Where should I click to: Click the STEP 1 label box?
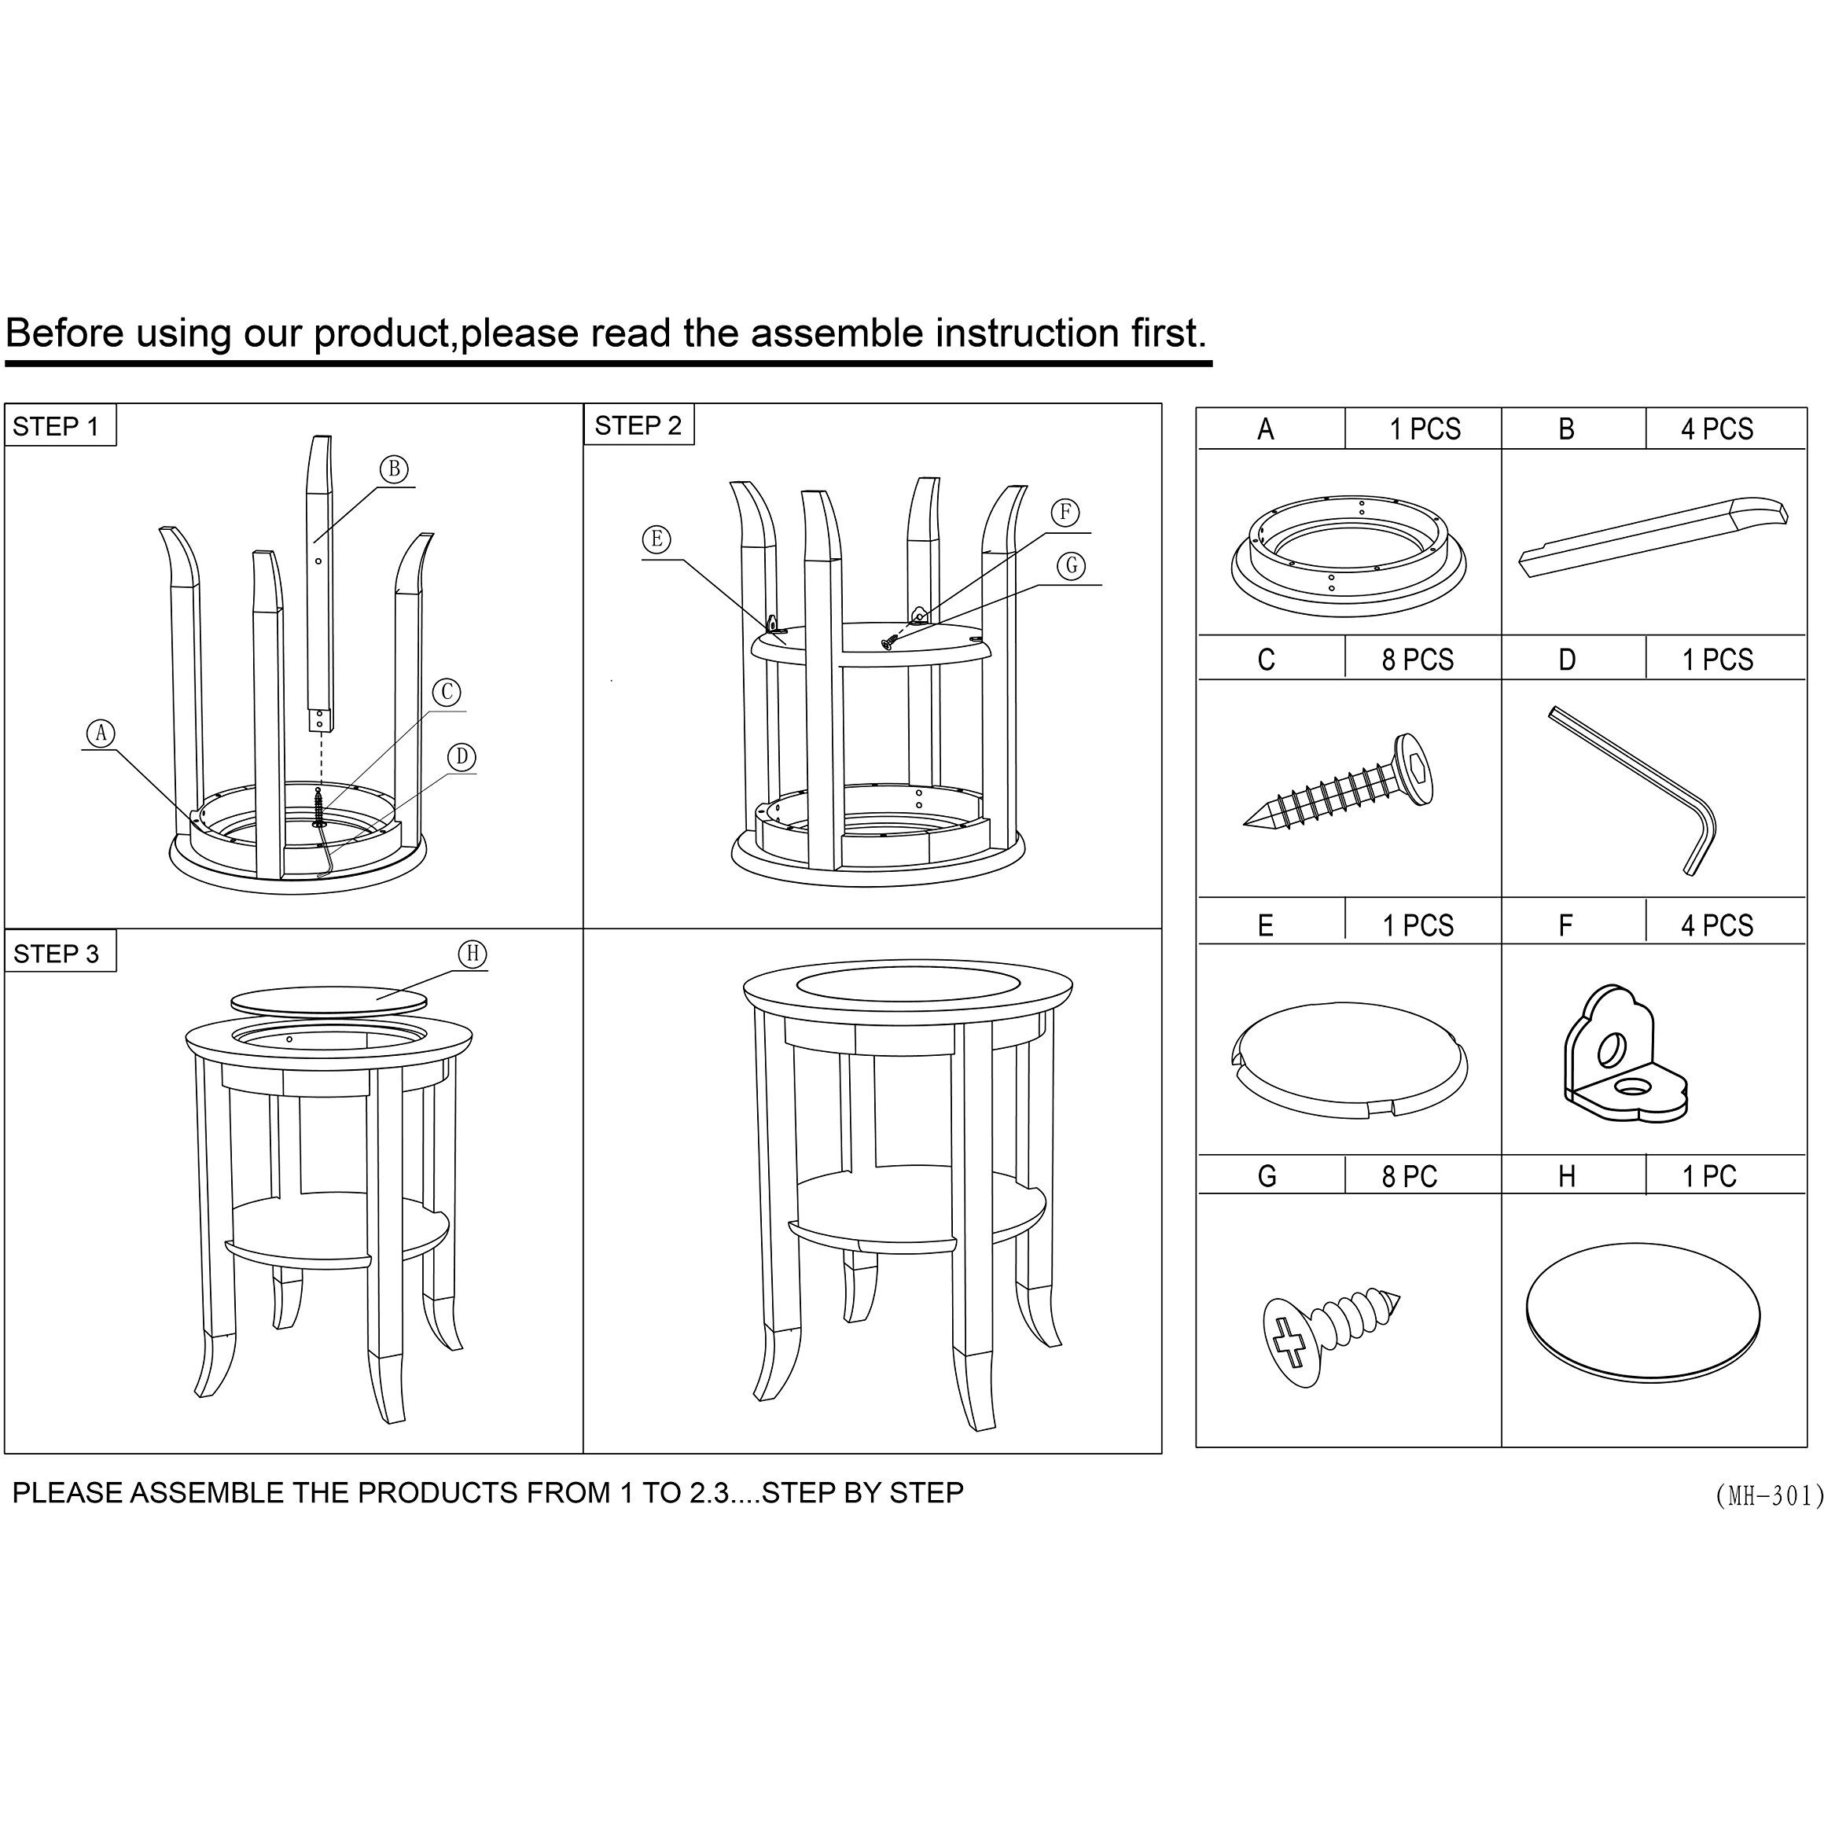tap(61, 426)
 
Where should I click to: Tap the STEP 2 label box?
tap(639, 425)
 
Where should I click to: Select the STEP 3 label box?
tap(61, 953)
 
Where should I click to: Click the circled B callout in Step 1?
tap(395, 469)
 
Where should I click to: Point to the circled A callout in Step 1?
tap(101, 734)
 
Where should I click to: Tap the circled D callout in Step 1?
tap(462, 757)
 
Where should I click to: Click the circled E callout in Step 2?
tap(657, 540)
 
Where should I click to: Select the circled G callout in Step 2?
tap(1071, 565)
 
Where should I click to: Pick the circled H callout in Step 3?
tap(473, 954)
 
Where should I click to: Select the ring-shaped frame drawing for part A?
tap(1348, 555)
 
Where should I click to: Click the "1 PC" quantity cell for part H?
tap(1708, 1176)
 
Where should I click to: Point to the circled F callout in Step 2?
tap(1065, 512)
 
